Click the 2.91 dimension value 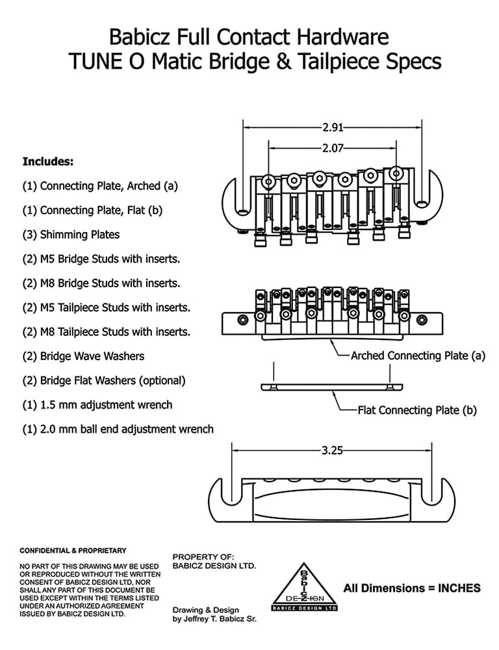click(x=333, y=127)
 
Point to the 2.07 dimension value click(x=333, y=148)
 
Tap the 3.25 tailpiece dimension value click(x=333, y=450)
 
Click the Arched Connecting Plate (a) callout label click(x=418, y=356)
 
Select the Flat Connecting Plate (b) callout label click(x=417, y=410)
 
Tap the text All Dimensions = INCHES click(x=412, y=588)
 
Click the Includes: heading click(x=48, y=161)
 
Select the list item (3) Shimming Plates click(x=71, y=235)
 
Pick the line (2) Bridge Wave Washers click(x=83, y=356)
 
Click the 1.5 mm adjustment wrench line click(x=97, y=405)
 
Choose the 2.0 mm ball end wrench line click(x=118, y=430)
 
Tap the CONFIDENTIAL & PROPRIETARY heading click(x=73, y=551)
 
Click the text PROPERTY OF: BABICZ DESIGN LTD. click(x=214, y=562)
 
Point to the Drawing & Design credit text click(x=214, y=614)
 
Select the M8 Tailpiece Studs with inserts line click(x=107, y=332)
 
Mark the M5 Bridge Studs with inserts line click(x=101, y=259)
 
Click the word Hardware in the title click(x=343, y=37)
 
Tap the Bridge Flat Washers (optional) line click(x=104, y=380)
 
